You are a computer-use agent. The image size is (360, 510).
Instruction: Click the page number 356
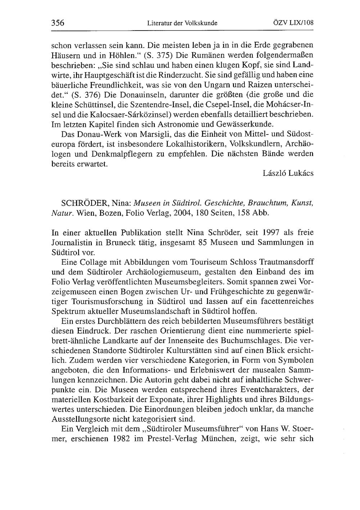[x=58, y=23]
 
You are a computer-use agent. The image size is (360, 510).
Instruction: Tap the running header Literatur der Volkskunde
[x=183, y=23]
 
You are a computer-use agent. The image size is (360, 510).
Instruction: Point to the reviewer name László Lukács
[x=288, y=173]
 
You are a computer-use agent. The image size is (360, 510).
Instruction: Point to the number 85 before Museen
[x=203, y=242]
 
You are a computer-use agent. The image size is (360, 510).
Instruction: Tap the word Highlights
[x=226, y=400]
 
